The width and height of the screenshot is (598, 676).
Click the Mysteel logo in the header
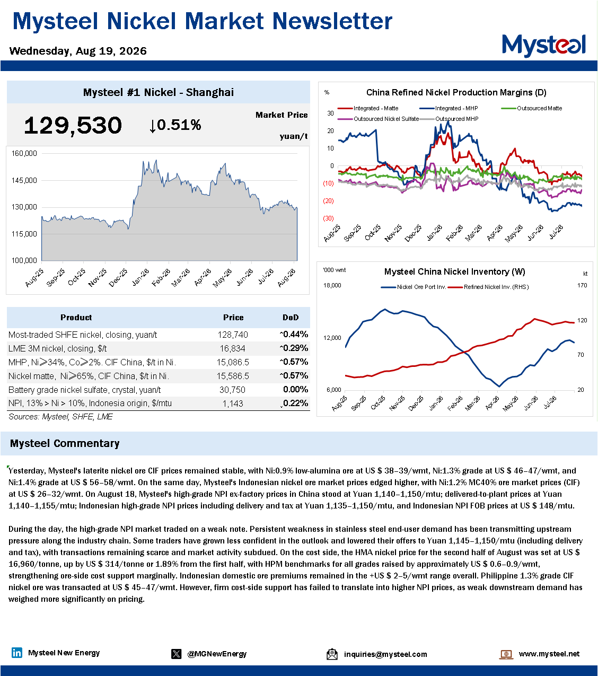[x=543, y=46]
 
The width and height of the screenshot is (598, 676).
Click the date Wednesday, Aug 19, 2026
[x=78, y=51]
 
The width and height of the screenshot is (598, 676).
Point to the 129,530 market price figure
[x=73, y=126]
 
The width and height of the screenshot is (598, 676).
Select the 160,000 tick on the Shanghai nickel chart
[x=24, y=153]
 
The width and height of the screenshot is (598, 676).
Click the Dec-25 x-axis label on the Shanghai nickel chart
[x=118, y=277]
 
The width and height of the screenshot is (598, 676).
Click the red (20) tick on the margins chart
[x=328, y=201]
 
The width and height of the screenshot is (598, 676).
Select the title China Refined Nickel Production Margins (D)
[x=456, y=92]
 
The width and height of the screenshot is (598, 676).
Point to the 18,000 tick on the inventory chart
[x=332, y=285]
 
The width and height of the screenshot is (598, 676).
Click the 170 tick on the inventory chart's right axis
[x=582, y=285]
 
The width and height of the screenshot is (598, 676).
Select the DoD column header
[x=291, y=317]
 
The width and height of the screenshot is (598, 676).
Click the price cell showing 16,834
[x=233, y=349]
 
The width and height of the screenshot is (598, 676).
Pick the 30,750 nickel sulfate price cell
[x=232, y=390]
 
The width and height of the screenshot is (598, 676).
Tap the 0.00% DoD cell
[x=295, y=389]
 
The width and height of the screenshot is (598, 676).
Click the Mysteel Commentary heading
[x=65, y=443]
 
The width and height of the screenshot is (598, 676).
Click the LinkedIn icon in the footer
[x=17, y=653]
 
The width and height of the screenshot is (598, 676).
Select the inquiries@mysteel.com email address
[x=385, y=654]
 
